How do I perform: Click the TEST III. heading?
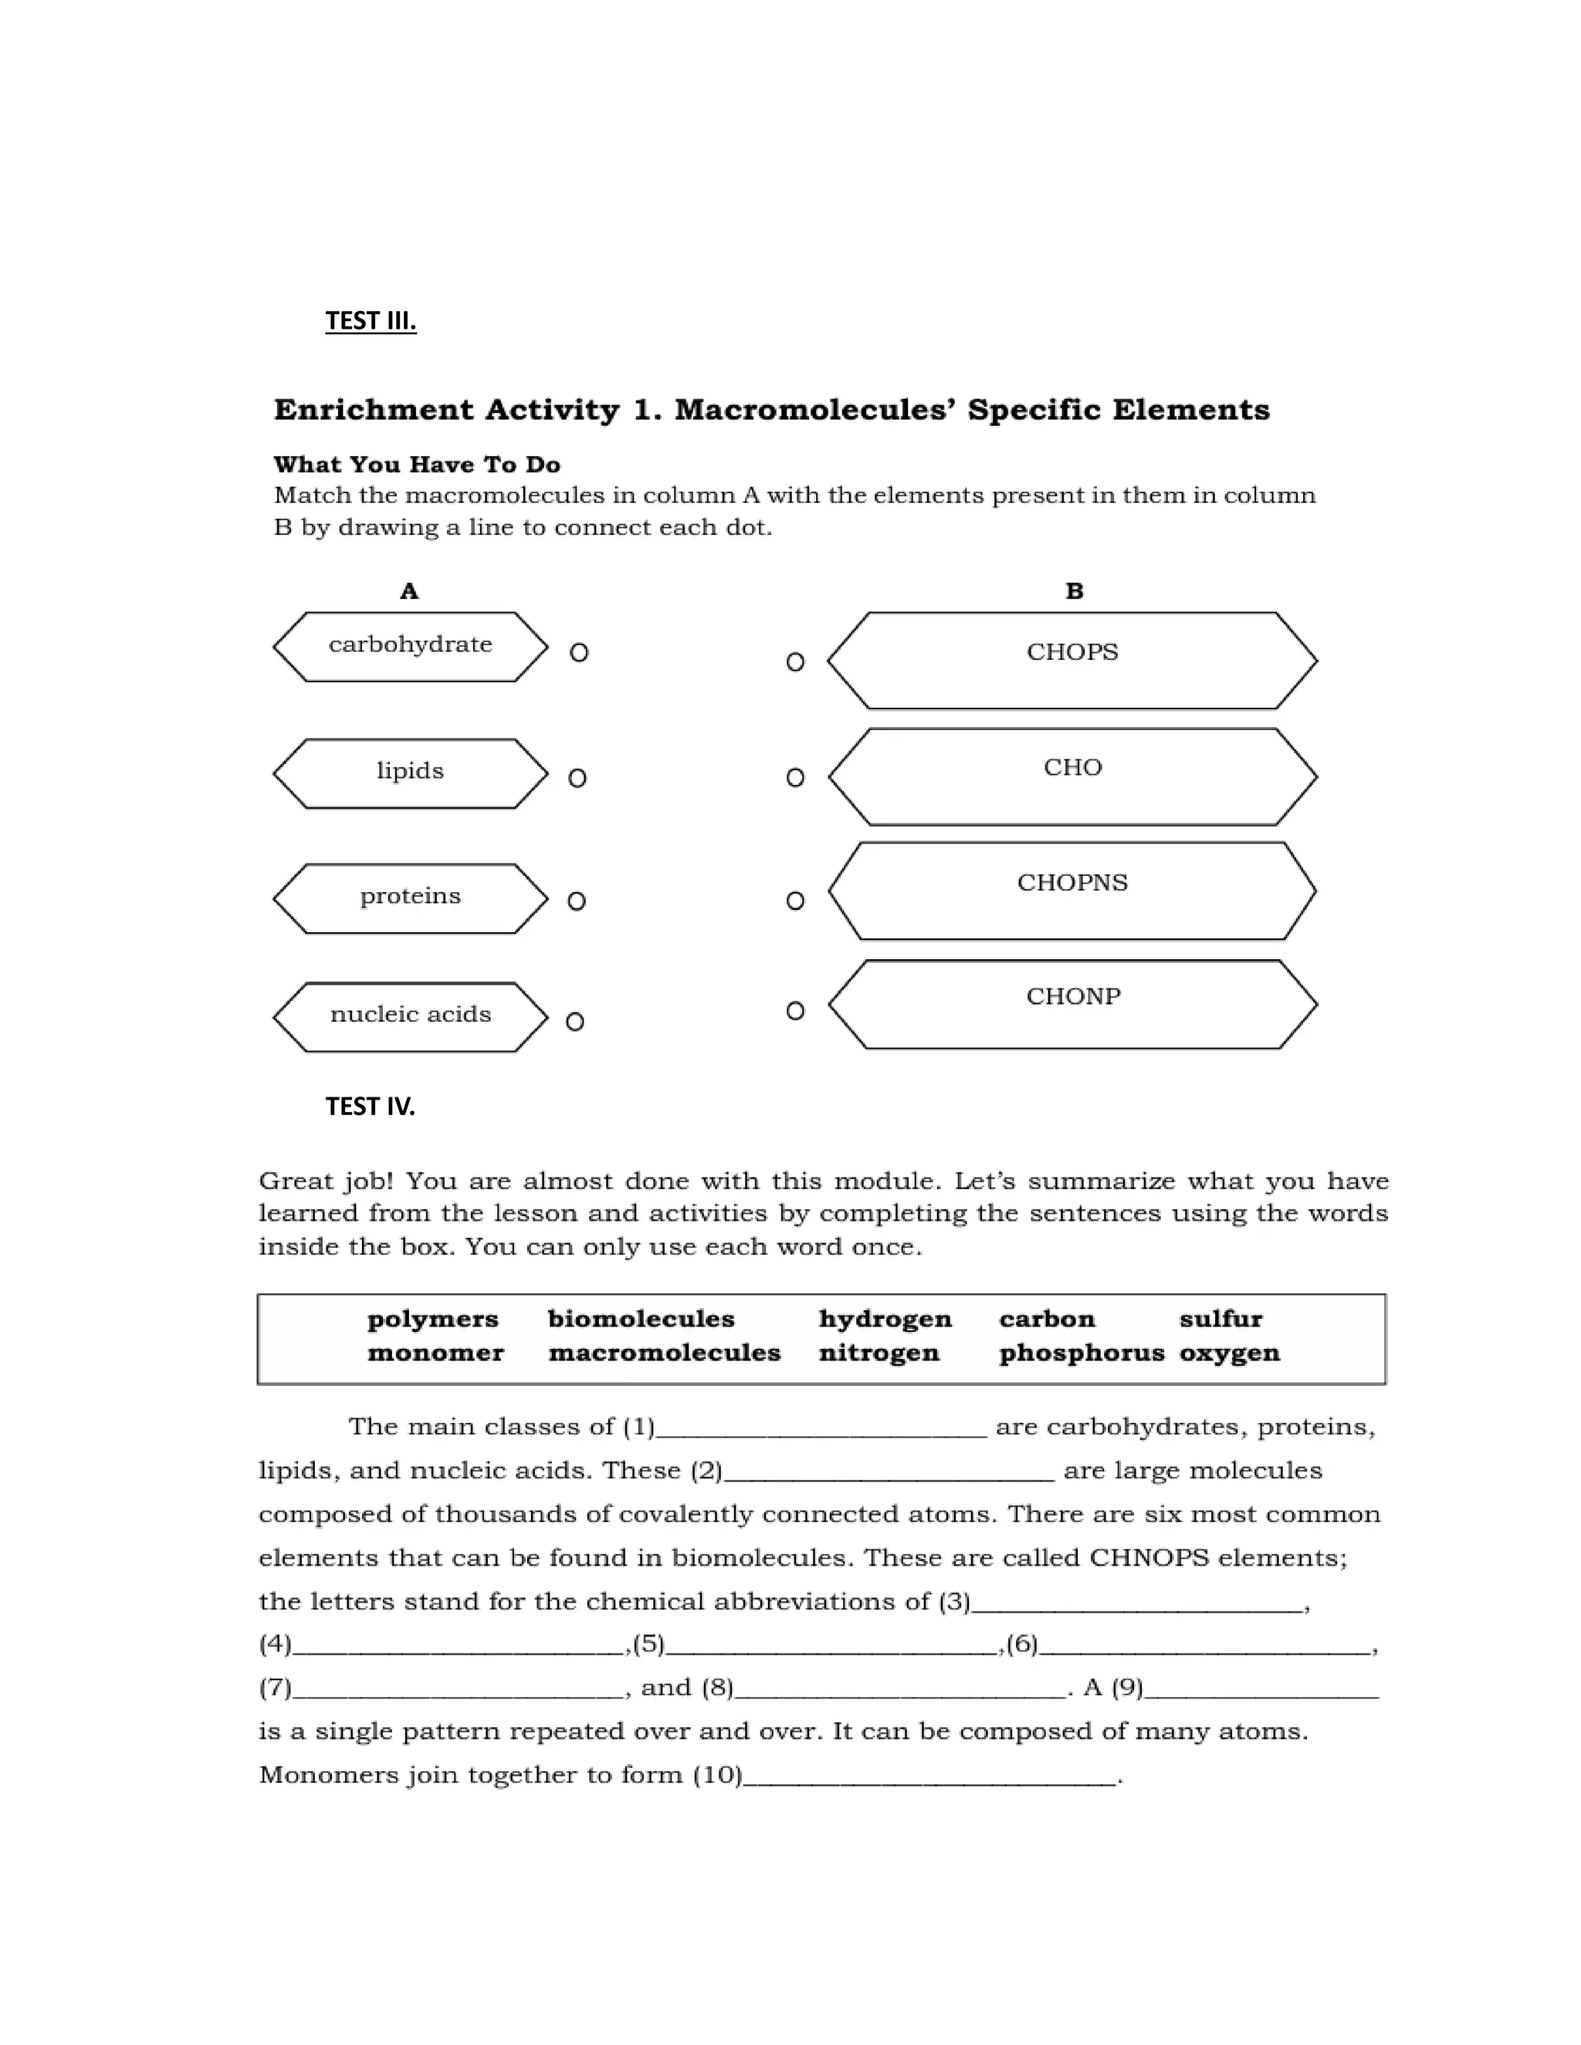click(x=370, y=321)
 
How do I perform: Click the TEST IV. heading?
click(x=370, y=1106)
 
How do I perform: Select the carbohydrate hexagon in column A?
click(x=410, y=646)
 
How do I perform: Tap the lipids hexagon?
click(x=410, y=772)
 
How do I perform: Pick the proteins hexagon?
click(x=410, y=898)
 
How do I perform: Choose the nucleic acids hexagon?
click(x=410, y=1016)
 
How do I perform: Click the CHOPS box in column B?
click(x=1072, y=660)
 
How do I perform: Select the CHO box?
click(x=1072, y=776)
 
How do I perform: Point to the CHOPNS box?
click(x=1072, y=891)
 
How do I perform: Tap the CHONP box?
click(x=1072, y=1004)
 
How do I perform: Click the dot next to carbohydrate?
click(x=579, y=653)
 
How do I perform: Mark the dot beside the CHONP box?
click(x=795, y=1010)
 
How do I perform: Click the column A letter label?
click(x=409, y=591)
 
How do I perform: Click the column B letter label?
click(x=1075, y=591)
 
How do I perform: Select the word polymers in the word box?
click(x=433, y=1320)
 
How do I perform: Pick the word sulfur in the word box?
click(x=1220, y=1320)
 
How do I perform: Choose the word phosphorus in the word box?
click(x=1082, y=1353)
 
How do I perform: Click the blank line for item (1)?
click(x=821, y=1430)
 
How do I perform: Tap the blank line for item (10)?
click(x=929, y=1778)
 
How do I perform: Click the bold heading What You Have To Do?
click(x=417, y=465)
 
